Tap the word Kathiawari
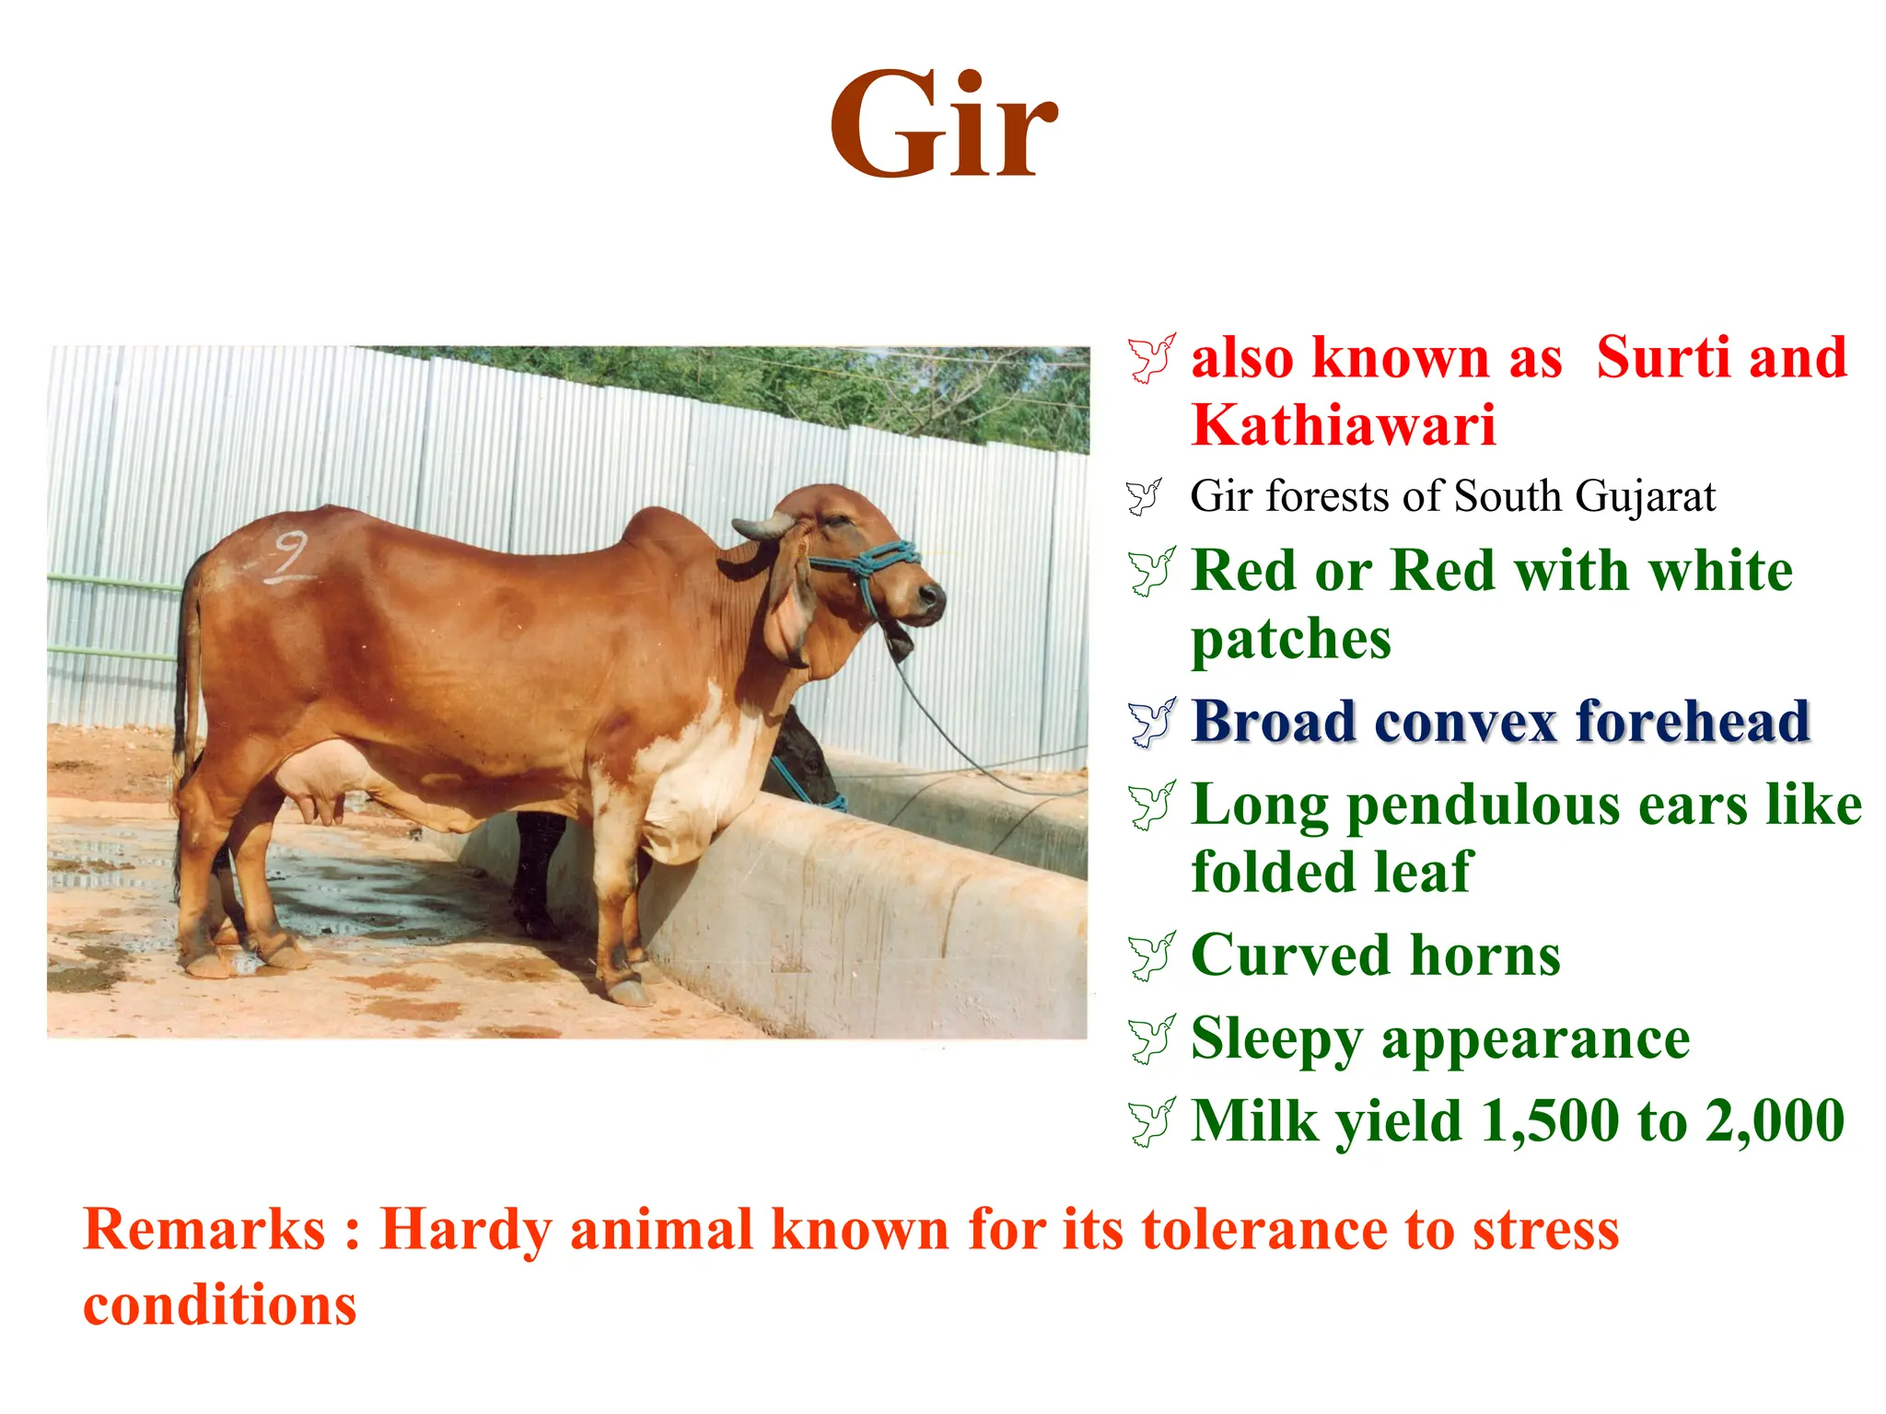click(1343, 425)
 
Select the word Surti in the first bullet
click(1663, 357)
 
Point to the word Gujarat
click(1645, 496)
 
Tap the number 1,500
click(1551, 1120)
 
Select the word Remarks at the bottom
click(204, 1230)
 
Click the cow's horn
click(763, 527)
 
